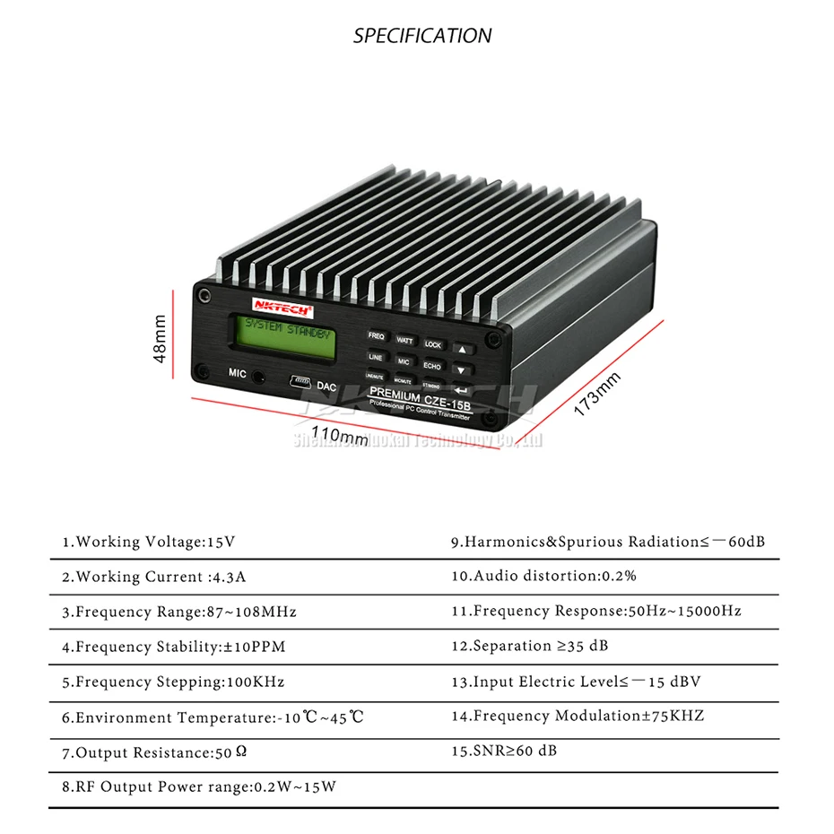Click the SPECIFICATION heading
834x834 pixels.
[x=422, y=36]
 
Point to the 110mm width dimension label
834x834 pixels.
[x=340, y=437]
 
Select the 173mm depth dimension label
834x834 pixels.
[x=597, y=392]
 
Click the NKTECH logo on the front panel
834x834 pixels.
[x=282, y=308]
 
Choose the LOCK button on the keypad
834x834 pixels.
[x=433, y=344]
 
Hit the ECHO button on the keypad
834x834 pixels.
[x=432, y=366]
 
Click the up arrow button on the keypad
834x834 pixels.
[x=462, y=349]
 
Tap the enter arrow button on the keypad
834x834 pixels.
[x=462, y=390]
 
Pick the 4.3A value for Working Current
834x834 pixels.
[x=229, y=577]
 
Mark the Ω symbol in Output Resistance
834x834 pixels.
[x=241, y=751]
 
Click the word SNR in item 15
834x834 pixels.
[x=489, y=751]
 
